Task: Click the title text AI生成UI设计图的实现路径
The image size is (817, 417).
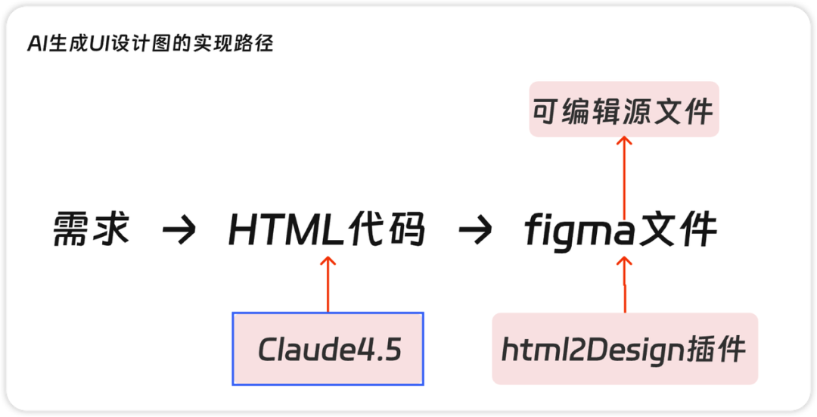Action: point(150,45)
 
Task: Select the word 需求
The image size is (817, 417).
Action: point(92,229)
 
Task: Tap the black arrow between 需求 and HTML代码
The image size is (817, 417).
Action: point(179,231)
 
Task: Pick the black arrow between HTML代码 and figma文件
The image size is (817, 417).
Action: point(477,231)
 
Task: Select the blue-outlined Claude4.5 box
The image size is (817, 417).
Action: point(328,349)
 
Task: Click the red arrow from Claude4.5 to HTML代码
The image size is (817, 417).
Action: point(328,285)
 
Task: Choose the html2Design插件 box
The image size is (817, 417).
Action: point(624,349)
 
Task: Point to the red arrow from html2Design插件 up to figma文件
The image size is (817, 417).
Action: point(624,285)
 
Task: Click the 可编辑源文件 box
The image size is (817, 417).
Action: point(623,110)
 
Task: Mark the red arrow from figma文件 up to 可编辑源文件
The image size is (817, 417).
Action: point(624,179)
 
